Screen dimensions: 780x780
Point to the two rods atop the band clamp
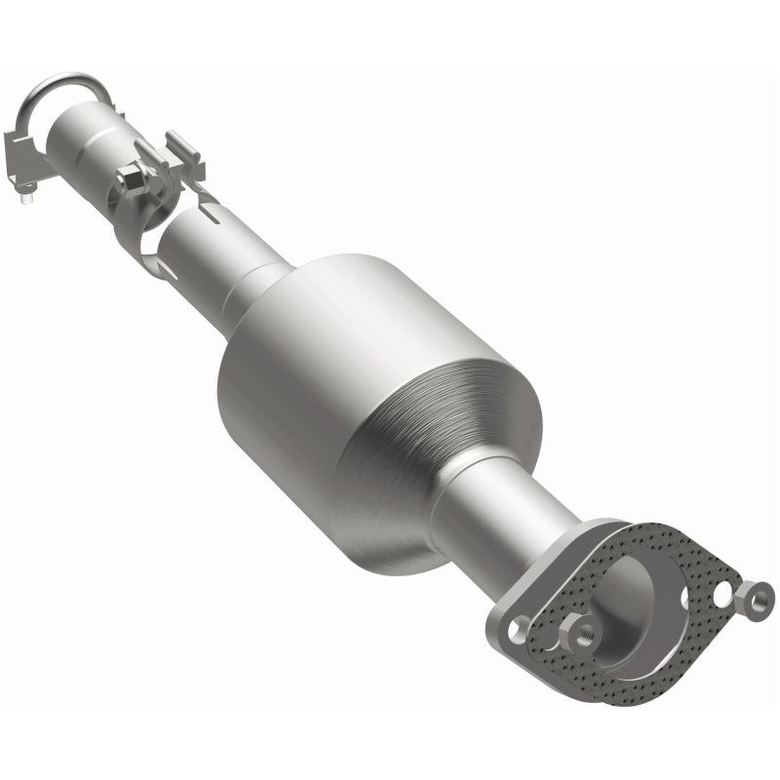coord(180,151)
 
